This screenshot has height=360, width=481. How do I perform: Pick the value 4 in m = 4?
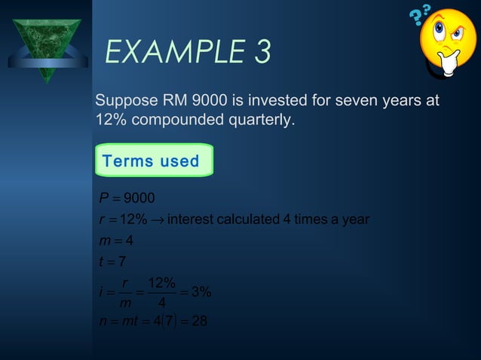[x=129, y=241]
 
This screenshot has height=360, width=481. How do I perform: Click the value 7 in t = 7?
[x=122, y=262]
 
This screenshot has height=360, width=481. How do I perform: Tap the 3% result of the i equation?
[x=201, y=293]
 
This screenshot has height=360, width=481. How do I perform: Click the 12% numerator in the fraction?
[x=161, y=283]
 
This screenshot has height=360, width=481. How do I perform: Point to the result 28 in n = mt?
[x=199, y=322]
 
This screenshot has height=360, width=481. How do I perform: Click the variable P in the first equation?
[x=103, y=199]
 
